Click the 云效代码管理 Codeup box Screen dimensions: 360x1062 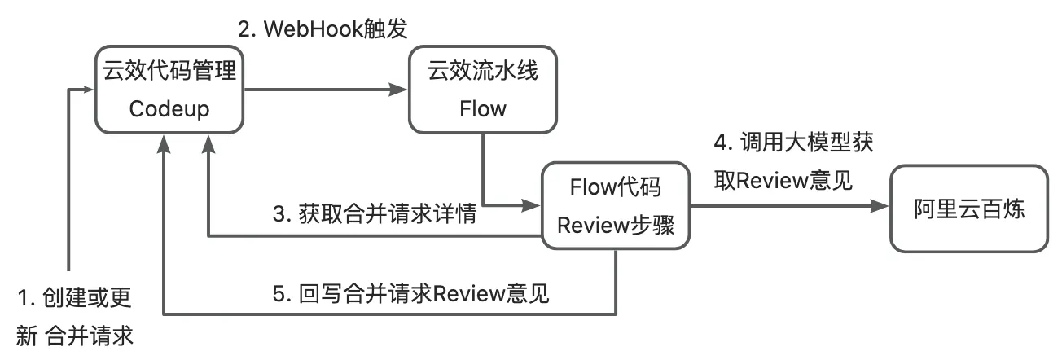[x=170, y=90]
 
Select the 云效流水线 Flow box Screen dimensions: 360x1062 [x=482, y=90]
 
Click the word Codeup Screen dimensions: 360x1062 [x=170, y=108]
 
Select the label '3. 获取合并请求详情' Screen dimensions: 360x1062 [x=375, y=217]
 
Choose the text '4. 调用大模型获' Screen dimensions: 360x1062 [x=794, y=142]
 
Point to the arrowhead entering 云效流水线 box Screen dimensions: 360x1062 [x=401, y=90]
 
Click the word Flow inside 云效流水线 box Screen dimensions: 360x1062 [x=482, y=108]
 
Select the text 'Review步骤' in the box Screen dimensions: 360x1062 [x=615, y=226]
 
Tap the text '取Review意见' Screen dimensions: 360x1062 [x=783, y=180]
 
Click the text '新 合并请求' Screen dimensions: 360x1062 [x=74, y=335]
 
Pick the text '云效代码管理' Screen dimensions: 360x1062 [x=170, y=71]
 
